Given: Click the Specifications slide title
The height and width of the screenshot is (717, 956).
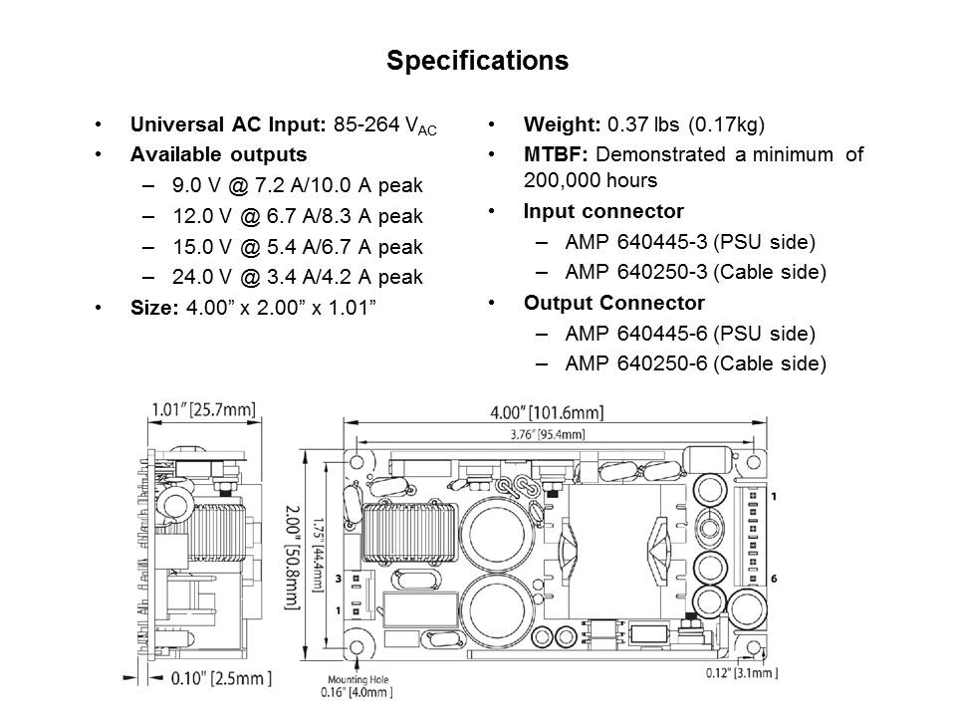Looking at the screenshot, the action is [477, 61].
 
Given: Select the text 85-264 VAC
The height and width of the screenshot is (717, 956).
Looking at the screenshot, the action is [384, 125].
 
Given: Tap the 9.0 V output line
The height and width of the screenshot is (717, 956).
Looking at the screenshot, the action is [298, 185].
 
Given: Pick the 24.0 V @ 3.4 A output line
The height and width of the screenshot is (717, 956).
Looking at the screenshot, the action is [298, 277].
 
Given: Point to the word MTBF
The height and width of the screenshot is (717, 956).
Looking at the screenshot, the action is [555, 154].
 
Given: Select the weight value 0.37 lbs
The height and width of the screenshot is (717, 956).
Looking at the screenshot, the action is [643, 124].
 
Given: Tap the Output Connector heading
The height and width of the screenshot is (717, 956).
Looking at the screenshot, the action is [614, 303].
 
